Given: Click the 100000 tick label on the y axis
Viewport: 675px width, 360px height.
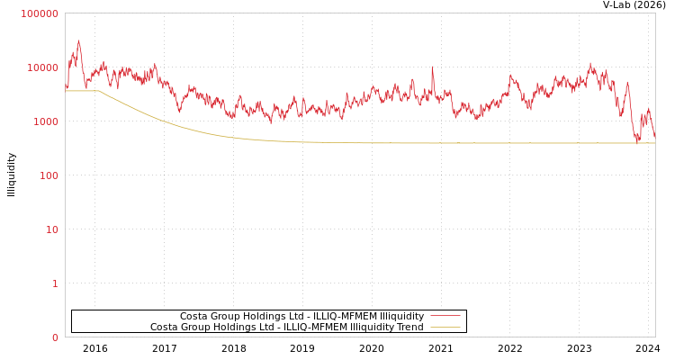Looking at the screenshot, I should pyautogui.click(x=40, y=13).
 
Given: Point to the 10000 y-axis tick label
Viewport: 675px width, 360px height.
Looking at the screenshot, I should pyautogui.click(x=42, y=67).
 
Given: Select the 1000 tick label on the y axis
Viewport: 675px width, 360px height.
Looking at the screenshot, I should pyautogui.click(x=45, y=121).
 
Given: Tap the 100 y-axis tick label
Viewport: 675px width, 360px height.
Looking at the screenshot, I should pyautogui.click(x=48, y=175).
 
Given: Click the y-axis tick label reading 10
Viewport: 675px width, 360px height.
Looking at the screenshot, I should pyautogui.click(x=51, y=229).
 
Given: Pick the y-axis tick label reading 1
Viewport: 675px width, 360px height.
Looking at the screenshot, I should pyautogui.click(x=55, y=283).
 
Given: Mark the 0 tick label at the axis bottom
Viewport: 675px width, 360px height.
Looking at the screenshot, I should pyautogui.click(x=55, y=337).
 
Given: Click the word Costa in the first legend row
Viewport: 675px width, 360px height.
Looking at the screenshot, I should pyautogui.click(x=193, y=317).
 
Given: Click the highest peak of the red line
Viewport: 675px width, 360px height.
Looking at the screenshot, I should pyautogui.click(x=78, y=40).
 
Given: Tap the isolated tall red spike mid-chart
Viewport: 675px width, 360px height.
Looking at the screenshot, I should pyautogui.click(x=432, y=67).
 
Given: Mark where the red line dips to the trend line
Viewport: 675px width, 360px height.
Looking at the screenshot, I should pyautogui.click(x=637, y=141).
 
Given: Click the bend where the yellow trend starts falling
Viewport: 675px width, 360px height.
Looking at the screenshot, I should pyautogui.click(x=99, y=91).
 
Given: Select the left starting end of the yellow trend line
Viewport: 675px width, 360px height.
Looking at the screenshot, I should pyautogui.click(x=66, y=91).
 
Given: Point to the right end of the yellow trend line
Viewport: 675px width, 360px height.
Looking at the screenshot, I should pyautogui.click(x=654, y=143).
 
